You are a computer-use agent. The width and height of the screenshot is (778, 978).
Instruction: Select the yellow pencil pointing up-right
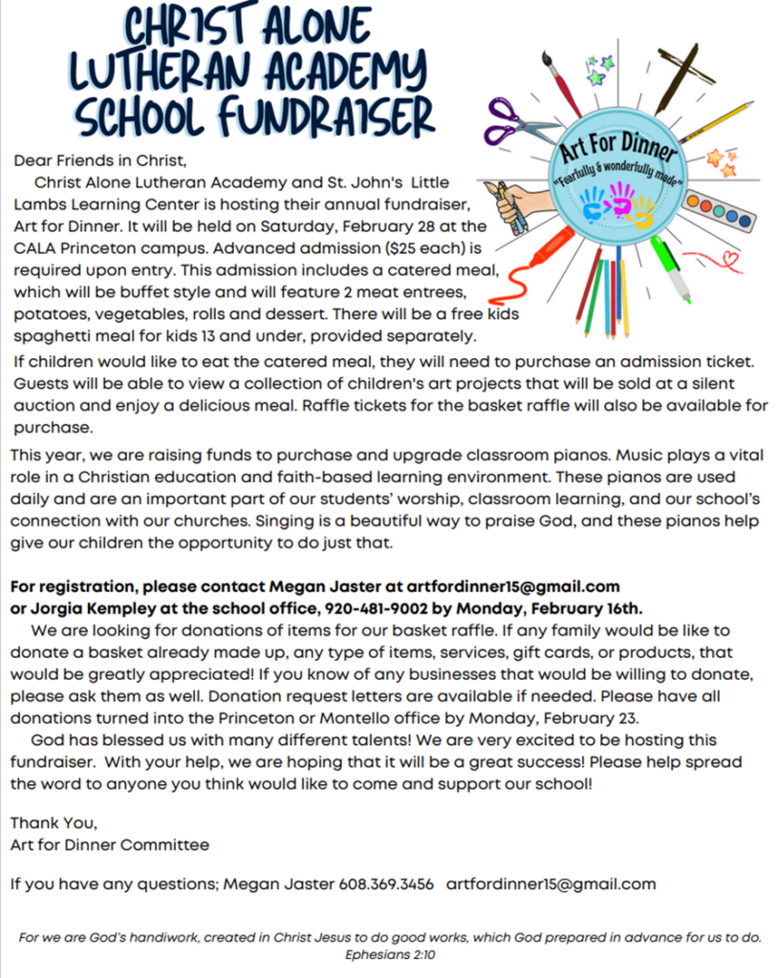(x=717, y=122)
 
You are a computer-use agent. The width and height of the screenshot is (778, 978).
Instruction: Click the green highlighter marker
(x=671, y=270)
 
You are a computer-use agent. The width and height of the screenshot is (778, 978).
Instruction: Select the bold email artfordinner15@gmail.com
(x=513, y=585)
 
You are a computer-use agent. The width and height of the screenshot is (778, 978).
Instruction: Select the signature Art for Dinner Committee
(x=109, y=844)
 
